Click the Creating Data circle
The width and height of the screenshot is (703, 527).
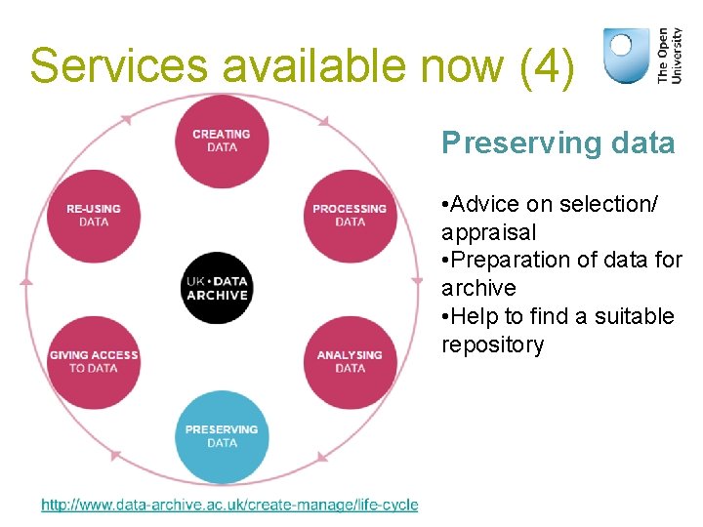pyautogui.click(x=222, y=141)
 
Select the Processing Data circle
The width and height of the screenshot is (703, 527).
pyautogui.click(x=350, y=215)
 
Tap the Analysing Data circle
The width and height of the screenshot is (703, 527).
pyautogui.click(x=350, y=361)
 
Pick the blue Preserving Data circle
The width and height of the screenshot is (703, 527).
pyautogui.click(x=222, y=435)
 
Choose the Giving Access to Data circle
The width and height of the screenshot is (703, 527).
pyautogui.click(x=94, y=361)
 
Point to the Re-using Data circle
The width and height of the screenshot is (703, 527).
pyautogui.click(x=94, y=215)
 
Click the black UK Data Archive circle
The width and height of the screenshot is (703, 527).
pyautogui.click(x=217, y=288)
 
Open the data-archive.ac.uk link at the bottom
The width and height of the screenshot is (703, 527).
pyautogui.click(x=229, y=505)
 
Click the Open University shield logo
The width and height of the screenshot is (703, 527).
pyautogui.click(x=625, y=55)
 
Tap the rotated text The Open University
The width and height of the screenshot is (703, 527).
pyautogui.click(x=670, y=55)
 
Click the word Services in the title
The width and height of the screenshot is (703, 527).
pyautogui.click(x=118, y=66)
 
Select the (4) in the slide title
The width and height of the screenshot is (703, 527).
pyautogui.click(x=548, y=66)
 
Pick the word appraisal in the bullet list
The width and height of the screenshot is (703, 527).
pyautogui.click(x=488, y=232)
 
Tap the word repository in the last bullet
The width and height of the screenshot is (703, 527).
pyautogui.click(x=492, y=345)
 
